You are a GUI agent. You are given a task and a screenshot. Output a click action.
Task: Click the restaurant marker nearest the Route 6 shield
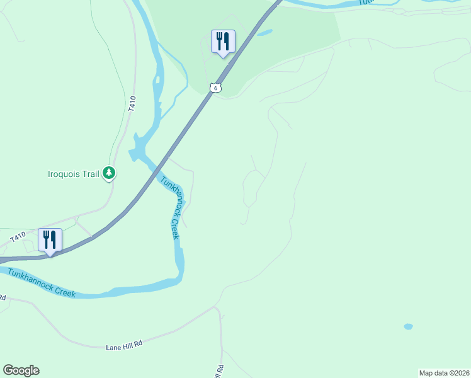coord(223,42)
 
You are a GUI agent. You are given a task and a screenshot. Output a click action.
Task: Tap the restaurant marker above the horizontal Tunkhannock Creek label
coord(50,240)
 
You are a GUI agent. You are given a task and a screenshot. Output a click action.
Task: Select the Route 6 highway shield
coord(215,88)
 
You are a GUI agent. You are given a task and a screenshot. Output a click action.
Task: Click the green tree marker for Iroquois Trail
coord(109,173)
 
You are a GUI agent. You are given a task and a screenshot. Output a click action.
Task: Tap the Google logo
coord(21,370)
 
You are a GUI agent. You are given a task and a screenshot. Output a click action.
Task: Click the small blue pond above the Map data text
coord(408,327)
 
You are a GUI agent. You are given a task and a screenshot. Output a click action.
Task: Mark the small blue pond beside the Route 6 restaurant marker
coord(264,32)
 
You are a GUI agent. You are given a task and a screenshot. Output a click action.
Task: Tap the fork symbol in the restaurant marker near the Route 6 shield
coord(219,41)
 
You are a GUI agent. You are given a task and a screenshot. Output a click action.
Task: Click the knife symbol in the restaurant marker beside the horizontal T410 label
coord(54,239)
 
